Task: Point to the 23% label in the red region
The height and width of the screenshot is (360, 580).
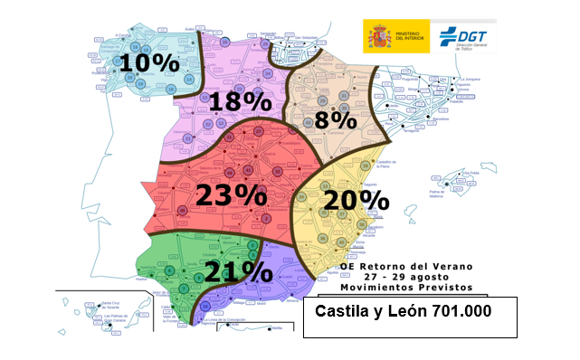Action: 232,193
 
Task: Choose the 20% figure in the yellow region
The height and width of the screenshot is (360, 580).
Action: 357,200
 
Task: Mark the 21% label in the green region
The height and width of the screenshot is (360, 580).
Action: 237,270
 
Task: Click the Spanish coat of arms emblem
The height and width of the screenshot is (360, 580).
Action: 376,36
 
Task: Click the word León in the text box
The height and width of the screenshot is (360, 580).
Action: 386,311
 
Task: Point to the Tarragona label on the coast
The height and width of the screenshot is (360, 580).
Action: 408,130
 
